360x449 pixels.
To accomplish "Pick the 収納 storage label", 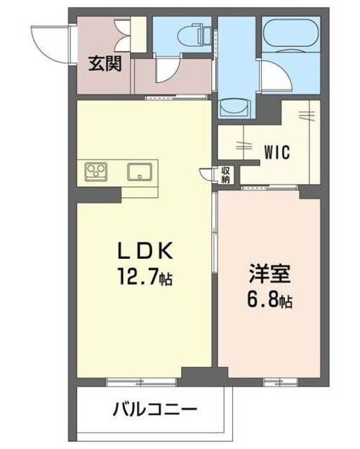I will click(226, 175).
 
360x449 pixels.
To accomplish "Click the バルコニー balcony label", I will click(153, 409).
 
